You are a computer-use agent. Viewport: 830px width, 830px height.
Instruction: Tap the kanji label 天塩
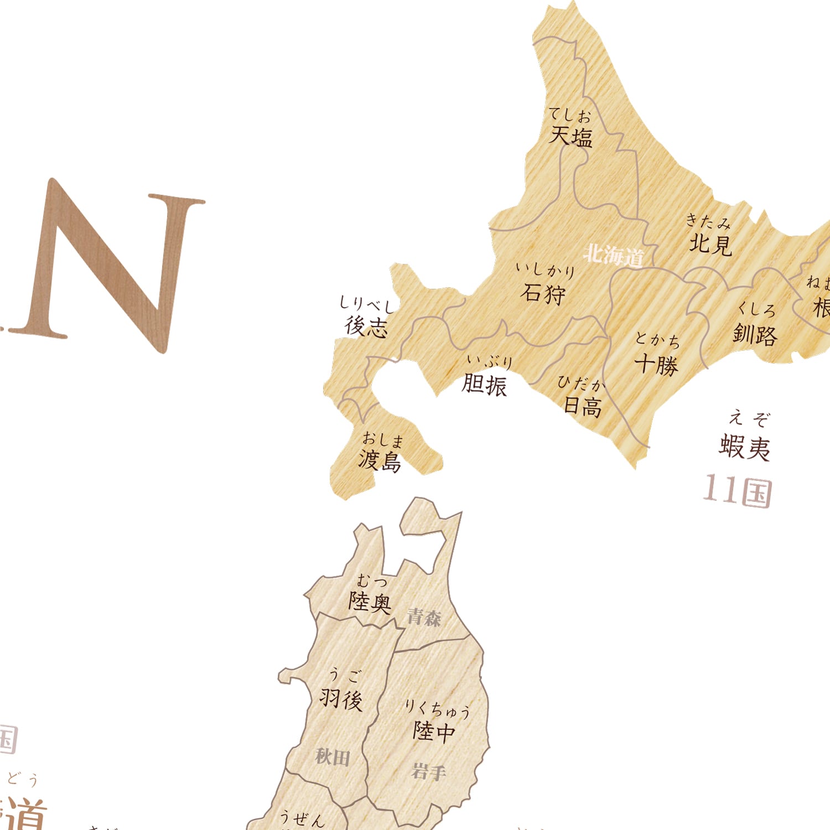(570, 136)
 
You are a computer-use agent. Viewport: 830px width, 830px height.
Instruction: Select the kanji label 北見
(710, 243)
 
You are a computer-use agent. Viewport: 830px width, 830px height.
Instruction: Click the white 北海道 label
(614, 255)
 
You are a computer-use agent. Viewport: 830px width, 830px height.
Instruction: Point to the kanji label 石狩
(543, 293)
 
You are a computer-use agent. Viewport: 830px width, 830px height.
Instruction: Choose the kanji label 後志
(366, 326)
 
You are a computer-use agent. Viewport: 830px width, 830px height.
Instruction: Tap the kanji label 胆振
(484, 384)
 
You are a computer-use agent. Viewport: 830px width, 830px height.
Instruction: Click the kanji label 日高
(582, 407)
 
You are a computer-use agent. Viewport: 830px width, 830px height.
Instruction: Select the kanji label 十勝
(656, 365)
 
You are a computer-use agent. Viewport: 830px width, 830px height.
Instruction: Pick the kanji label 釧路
(755, 334)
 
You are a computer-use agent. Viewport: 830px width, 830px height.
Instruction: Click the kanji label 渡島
(380, 460)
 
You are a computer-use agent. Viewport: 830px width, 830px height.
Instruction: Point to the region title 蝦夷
(744, 447)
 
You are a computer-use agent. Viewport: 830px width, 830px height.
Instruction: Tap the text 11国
(738, 491)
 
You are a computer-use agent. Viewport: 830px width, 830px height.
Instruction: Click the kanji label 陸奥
(370, 601)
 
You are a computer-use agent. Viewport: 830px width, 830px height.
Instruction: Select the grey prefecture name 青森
(424, 617)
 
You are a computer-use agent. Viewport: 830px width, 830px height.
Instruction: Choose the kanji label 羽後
(341, 699)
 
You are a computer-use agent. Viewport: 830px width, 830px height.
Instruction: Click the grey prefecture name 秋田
(333, 756)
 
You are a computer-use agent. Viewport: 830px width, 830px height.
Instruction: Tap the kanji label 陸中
(434, 731)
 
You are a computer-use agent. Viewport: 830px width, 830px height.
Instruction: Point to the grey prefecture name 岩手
(428, 771)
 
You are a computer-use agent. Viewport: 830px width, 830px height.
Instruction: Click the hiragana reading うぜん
(302, 818)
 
